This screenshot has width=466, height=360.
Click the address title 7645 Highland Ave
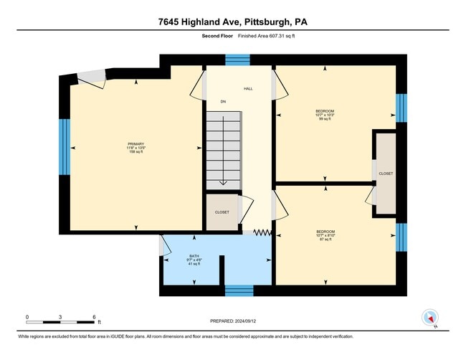233,22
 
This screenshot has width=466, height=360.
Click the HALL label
247,89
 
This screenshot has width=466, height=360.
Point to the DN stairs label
223,102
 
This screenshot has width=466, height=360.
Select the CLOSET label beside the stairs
222,212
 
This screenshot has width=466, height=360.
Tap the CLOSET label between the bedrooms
386,174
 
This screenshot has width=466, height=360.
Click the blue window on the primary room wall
65,147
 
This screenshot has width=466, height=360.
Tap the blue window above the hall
238,60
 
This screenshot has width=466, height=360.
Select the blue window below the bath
238,290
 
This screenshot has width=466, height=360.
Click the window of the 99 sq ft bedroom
401,108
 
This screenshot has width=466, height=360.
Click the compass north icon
430,318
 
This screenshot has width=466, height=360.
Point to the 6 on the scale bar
94,316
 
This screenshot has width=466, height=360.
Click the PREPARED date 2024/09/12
233,322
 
